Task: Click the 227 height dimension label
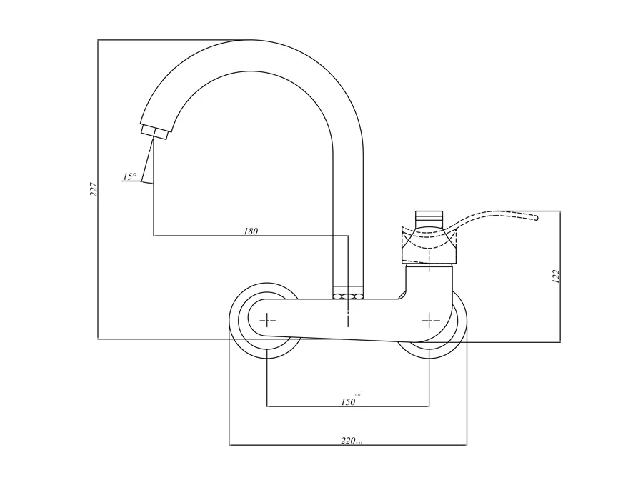point(94,189)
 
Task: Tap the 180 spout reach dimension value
point(250,231)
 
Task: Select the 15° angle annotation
point(129,176)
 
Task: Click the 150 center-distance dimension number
point(348,402)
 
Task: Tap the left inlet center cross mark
point(267,321)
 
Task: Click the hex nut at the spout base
point(348,294)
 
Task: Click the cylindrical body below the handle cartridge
point(429,279)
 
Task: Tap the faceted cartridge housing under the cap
point(429,246)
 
